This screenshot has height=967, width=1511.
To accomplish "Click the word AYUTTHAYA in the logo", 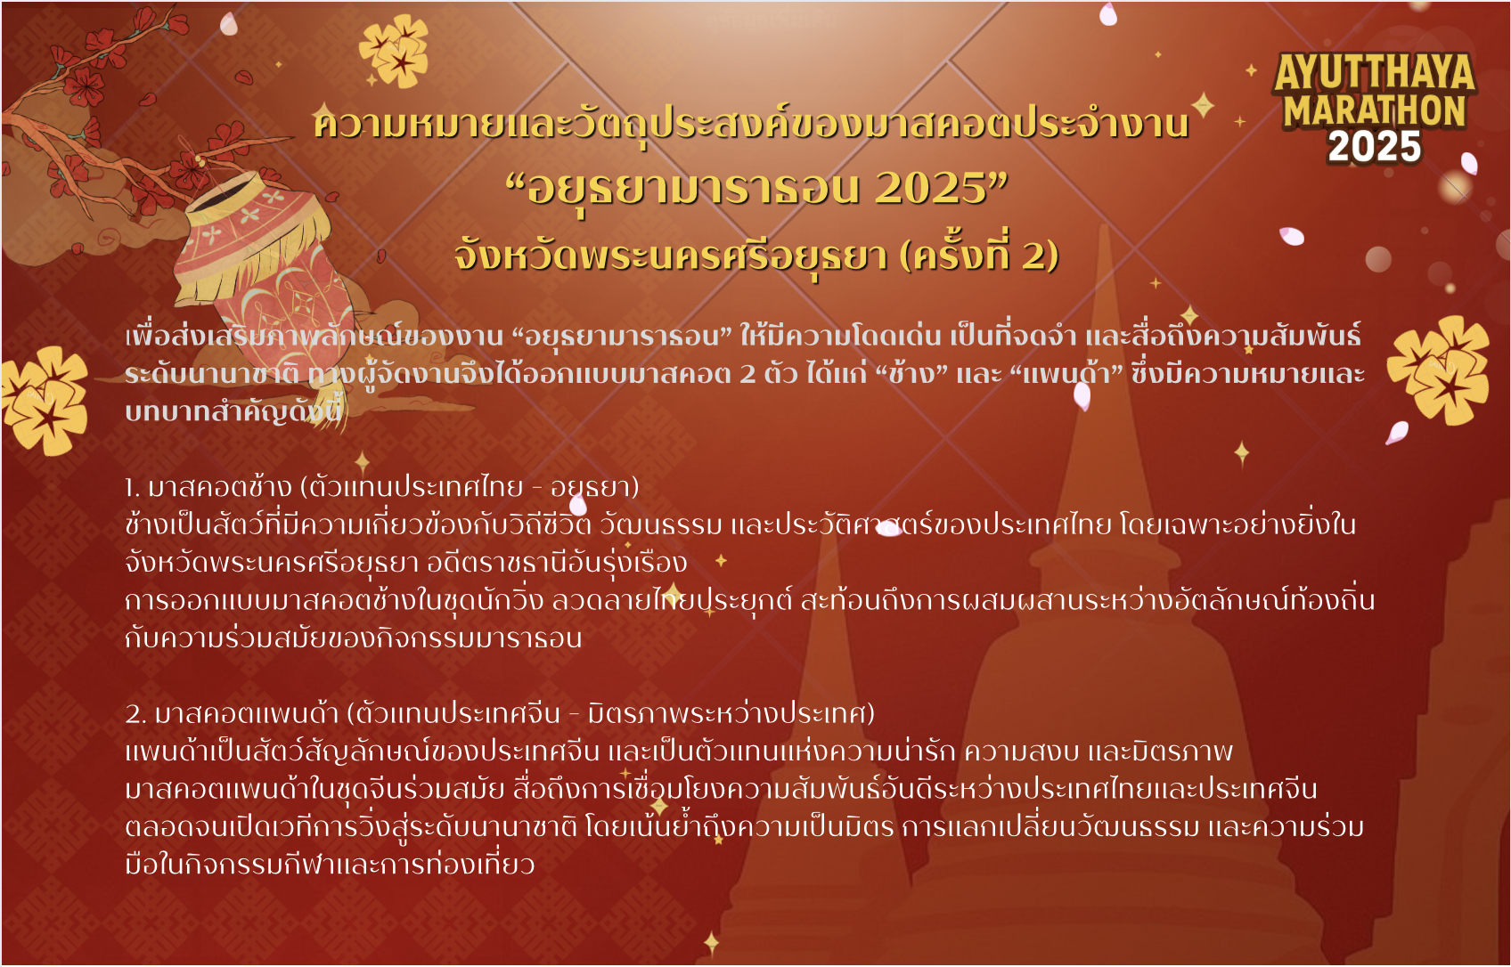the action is coord(1374,72).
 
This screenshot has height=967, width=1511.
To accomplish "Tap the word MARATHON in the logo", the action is coord(1374,110).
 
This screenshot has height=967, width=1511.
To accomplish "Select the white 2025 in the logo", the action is coord(1374,146).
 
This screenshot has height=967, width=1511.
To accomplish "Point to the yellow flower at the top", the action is coord(396,50).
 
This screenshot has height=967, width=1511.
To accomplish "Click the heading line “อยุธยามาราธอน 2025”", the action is coord(756,189).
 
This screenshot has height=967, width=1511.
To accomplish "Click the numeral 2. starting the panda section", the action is coord(135,714).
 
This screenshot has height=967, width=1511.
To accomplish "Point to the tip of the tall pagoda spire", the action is coord(1104,226).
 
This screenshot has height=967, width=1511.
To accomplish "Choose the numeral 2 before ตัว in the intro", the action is coord(747,374).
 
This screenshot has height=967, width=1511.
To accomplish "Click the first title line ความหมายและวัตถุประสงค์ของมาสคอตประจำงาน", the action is coord(751,124).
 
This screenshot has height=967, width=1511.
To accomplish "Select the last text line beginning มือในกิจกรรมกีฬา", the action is coord(330,864).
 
